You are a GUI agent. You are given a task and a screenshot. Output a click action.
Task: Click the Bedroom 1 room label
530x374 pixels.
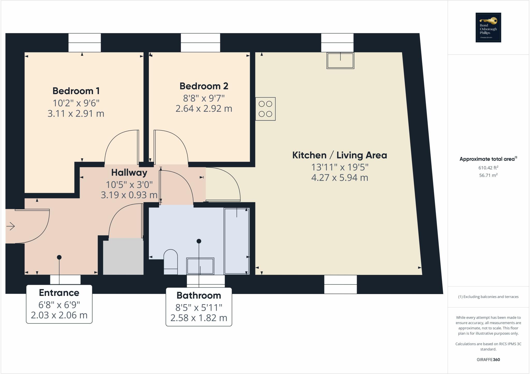click(x=76, y=91)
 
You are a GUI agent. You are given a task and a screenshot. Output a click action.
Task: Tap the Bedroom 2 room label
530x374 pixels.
click(x=204, y=86)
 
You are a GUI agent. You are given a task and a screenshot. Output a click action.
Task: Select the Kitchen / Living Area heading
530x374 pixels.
click(x=340, y=155)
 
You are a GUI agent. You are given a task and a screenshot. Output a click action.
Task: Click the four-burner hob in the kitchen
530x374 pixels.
click(x=265, y=109)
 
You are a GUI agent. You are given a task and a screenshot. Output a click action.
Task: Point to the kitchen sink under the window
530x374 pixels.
click(x=340, y=61)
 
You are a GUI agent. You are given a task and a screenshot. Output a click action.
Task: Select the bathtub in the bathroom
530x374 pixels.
click(x=237, y=241)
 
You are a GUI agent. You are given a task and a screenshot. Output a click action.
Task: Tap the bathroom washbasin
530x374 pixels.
click(x=200, y=266)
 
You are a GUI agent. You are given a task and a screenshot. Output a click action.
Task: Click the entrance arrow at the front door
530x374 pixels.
click(x=11, y=226)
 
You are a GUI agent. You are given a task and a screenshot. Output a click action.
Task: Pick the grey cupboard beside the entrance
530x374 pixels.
click(x=123, y=257)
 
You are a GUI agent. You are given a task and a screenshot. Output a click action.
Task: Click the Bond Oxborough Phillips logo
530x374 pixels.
click(x=488, y=27)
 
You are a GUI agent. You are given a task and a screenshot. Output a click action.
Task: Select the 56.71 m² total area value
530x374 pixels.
click(x=488, y=175)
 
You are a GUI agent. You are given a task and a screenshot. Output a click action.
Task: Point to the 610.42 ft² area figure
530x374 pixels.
click(x=488, y=168)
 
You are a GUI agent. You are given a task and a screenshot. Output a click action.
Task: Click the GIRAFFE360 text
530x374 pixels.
click(x=488, y=360)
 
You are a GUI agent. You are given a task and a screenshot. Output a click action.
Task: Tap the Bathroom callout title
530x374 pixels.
click(x=199, y=295)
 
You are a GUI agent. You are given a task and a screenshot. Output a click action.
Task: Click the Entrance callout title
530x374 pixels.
click(x=59, y=293)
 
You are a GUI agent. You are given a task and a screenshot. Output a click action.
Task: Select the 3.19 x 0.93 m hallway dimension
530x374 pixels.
click(x=129, y=195)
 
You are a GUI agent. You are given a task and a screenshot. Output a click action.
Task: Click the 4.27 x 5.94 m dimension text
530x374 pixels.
click(x=340, y=178)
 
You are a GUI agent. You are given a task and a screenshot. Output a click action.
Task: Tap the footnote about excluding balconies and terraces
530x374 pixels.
click(x=488, y=297)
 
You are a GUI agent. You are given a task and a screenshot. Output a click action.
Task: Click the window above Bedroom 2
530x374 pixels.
click(x=200, y=43)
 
